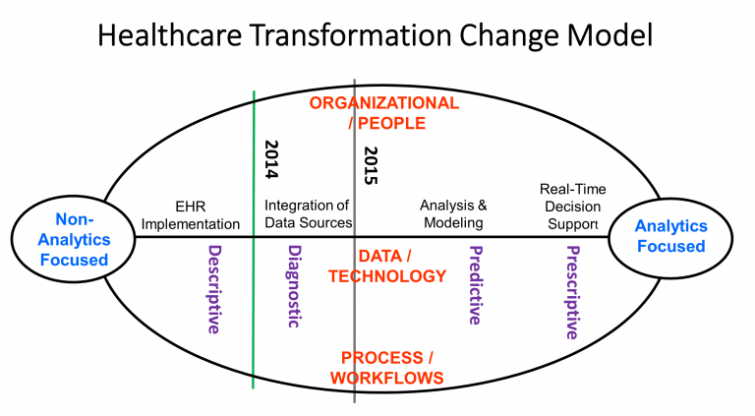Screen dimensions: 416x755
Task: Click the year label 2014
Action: pyautogui.click(x=272, y=159)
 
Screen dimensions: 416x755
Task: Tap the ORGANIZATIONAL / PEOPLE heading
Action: pyautogui.click(x=383, y=113)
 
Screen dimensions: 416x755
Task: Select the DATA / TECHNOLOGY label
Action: pyautogui.click(x=384, y=266)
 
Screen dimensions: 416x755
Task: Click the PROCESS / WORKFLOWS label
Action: pyautogui.click(x=386, y=366)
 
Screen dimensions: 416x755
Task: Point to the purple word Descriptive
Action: pyautogui.click(x=213, y=290)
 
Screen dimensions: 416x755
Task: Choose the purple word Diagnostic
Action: pyautogui.click(x=292, y=287)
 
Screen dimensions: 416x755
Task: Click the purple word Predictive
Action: pyautogui.click(x=475, y=285)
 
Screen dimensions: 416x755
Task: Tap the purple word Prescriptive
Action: pyautogui.click(x=571, y=292)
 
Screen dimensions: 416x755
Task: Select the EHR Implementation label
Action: pyautogui.click(x=191, y=214)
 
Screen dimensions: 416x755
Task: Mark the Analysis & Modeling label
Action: pyautogui.click(x=453, y=214)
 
